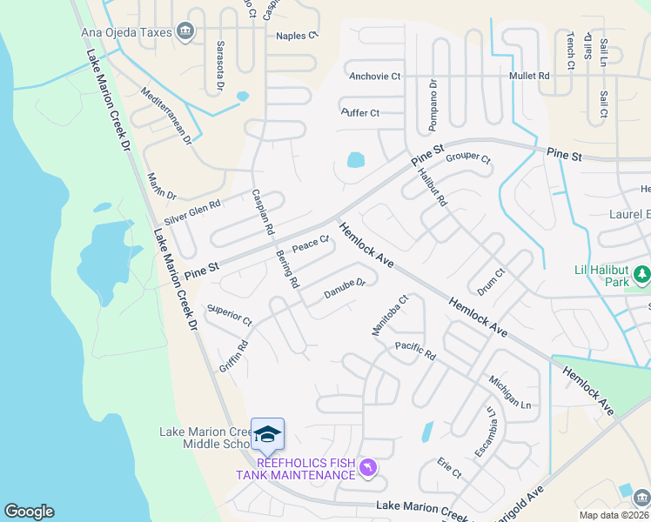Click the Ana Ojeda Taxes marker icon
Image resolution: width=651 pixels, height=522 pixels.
pos(185,33)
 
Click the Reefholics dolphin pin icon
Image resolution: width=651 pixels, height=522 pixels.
pos(368,469)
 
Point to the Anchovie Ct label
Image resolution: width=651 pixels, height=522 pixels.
pos(374,77)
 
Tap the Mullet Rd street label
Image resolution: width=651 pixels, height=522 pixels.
pos(530,77)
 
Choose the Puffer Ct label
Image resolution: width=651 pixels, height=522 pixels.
pos(360,113)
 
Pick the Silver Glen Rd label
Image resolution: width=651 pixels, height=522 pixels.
pos(192,211)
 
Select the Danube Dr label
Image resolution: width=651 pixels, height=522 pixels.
pos(345,288)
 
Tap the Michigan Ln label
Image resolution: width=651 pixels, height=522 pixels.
pos(509,392)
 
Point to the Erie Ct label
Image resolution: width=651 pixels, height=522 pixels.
pos(449,467)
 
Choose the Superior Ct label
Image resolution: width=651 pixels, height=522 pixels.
pos(229,315)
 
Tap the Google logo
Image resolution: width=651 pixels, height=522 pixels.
pos(29,512)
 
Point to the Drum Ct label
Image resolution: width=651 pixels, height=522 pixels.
pos(492,281)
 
